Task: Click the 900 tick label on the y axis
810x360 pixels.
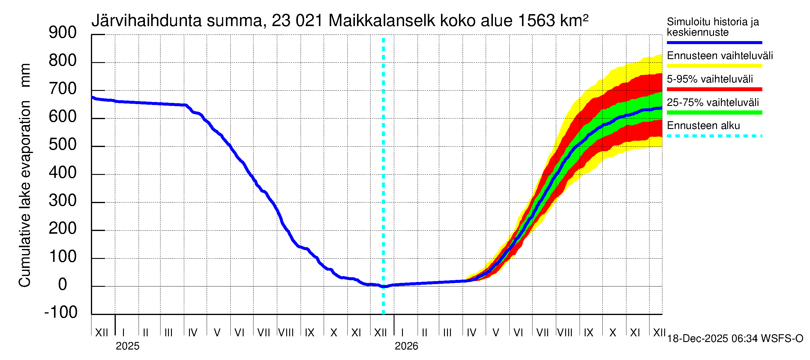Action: (x=63, y=33)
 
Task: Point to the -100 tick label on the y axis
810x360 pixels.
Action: (x=61, y=312)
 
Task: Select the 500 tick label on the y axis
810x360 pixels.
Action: (x=63, y=145)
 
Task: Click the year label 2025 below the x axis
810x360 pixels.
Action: (x=127, y=346)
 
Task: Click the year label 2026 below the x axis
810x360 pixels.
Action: (x=406, y=346)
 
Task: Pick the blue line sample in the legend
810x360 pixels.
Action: (x=714, y=42)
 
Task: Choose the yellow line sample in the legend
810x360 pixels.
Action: (x=714, y=66)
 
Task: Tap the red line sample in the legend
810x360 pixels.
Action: (x=714, y=89)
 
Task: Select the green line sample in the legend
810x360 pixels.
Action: (x=714, y=112)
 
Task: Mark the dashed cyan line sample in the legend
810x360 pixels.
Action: (x=714, y=136)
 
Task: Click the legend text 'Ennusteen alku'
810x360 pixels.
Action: (x=703, y=126)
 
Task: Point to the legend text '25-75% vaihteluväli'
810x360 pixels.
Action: (x=712, y=103)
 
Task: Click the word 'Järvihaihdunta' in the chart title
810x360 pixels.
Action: (x=146, y=21)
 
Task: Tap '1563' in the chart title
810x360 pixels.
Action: (x=536, y=21)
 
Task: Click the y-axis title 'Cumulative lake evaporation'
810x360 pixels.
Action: (x=25, y=194)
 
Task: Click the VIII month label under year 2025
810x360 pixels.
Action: (x=286, y=333)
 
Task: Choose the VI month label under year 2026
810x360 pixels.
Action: (x=518, y=333)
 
